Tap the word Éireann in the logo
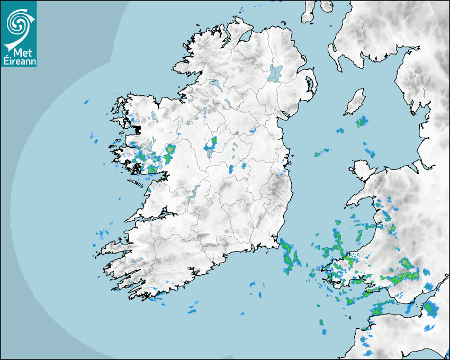19,61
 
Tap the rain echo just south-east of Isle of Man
362,122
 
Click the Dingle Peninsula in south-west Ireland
114,246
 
